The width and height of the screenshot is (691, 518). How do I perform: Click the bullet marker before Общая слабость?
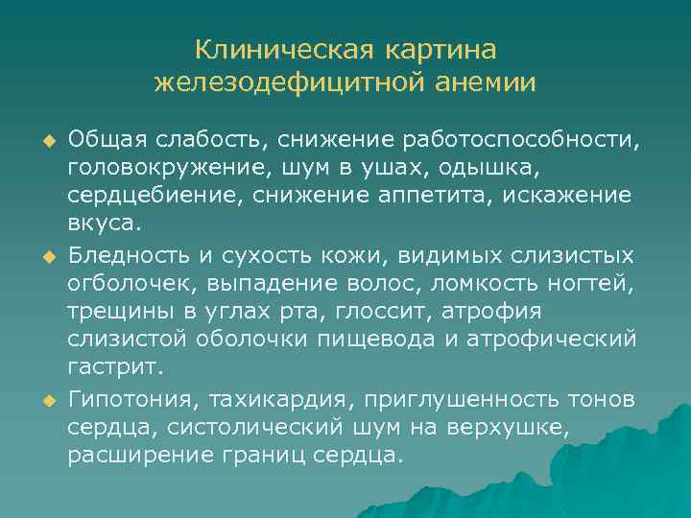point(45,142)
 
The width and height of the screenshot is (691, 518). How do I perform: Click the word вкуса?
point(103,224)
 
